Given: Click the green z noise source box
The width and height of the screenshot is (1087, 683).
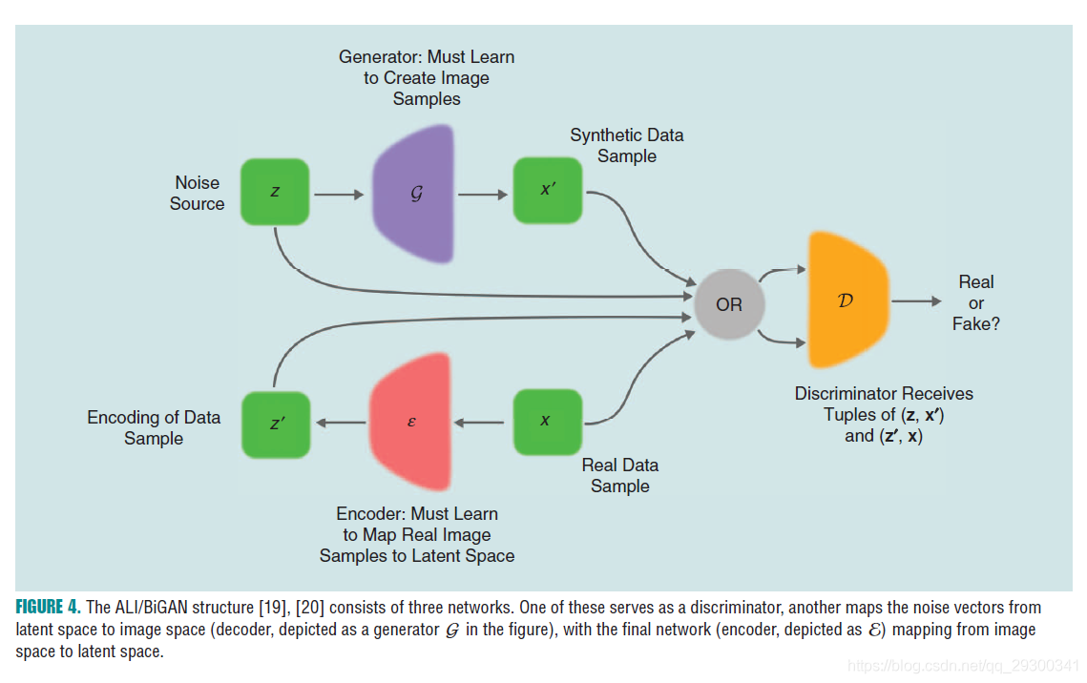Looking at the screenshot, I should (x=275, y=192).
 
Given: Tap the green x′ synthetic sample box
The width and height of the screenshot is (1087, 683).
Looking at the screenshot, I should (x=547, y=190).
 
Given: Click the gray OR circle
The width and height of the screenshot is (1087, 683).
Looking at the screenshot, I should (x=728, y=304).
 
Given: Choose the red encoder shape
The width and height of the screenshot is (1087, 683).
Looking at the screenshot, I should (x=410, y=421).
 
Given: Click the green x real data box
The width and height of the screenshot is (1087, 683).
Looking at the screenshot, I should (x=547, y=421).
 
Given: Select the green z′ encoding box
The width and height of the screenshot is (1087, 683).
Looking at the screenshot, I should (x=276, y=423).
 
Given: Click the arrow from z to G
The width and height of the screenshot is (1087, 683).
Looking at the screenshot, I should (x=338, y=195).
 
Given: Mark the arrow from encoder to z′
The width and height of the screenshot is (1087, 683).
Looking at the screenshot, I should (x=342, y=423).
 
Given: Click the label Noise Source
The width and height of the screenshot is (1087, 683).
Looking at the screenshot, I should (x=197, y=193).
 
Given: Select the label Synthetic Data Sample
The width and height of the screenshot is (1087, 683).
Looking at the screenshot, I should (x=626, y=145).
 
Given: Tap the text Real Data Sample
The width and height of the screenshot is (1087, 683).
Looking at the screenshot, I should (x=620, y=475).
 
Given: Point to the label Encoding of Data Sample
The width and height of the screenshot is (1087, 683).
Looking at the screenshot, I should (x=154, y=427).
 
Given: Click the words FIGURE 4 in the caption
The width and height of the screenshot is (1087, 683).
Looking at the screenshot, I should (x=48, y=608).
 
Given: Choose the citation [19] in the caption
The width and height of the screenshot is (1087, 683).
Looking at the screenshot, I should (x=269, y=608).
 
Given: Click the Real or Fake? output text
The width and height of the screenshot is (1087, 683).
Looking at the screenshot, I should (x=974, y=302).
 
